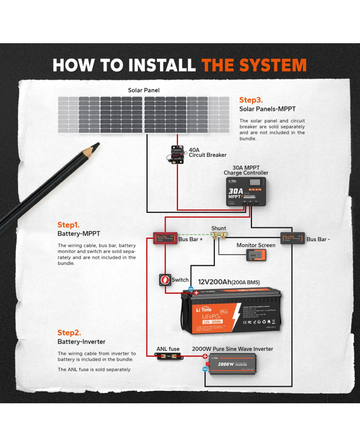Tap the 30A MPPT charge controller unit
[246, 192]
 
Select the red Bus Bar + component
[164, 238]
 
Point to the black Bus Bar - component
[292, 238]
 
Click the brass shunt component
[219, 237]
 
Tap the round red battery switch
[166, 280]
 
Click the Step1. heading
[68, 225]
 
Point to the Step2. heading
[69, 332]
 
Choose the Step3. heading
[251, 100]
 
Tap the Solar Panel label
[143, 90]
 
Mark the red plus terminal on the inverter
[205, 356]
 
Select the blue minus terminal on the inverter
[205, 368]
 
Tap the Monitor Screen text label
[256, 245]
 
